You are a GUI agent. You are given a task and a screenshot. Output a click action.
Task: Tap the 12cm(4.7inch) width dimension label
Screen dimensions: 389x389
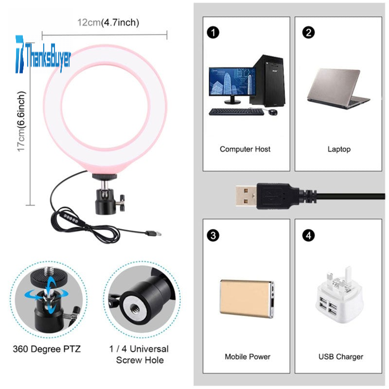click(x=108, y=22)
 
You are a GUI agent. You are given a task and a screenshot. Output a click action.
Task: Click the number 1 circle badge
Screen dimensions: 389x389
click(x=212, y=33)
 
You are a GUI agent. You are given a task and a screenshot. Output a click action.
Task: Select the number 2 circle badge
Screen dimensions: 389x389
click(x=308, y=33)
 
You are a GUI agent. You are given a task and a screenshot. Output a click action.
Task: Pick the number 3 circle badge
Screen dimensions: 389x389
click(x=212, y=236)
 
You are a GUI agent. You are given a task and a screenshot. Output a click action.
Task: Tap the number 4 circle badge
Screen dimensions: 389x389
click(x=308, y=236)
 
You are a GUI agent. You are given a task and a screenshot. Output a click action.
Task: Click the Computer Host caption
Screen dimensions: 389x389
click(x=245, y=149)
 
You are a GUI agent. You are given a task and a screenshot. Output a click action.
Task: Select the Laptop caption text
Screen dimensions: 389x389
click(x=338, y=149)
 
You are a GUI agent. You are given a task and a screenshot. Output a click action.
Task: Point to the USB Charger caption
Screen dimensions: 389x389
click(x=340, y=357)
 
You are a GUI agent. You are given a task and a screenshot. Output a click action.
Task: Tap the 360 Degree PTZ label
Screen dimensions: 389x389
click(x=47, y=349)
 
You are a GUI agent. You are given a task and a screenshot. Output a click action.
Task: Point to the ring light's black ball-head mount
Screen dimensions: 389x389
click(x=105, y=194)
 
